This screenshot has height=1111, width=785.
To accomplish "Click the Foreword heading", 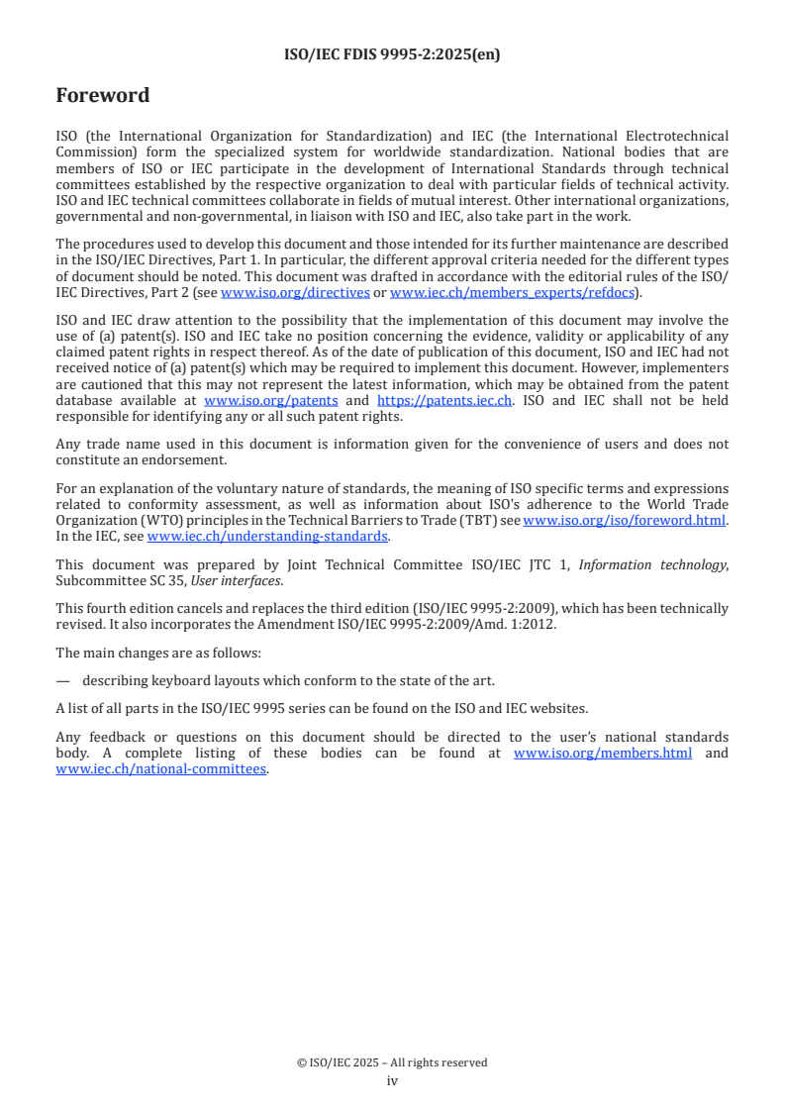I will click(x=103, y=96).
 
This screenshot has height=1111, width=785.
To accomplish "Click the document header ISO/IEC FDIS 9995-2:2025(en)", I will click(x=392, y=54).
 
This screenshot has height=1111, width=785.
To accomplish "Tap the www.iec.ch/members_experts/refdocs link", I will click(x=512, y=293).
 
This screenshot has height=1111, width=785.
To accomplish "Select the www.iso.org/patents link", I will click(x=270, y=401).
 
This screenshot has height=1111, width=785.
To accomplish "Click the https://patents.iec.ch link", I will click(x=444, y=401).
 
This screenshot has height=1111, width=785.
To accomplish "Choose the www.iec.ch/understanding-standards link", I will click(x=267, y=536).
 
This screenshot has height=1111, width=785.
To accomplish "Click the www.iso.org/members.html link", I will click(x=603, y=754).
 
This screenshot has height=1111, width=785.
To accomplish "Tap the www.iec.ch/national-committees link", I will click(x=161, y=769).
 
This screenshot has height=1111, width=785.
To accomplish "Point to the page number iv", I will click(x=392, y=1081).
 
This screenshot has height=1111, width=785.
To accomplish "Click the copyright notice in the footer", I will click(x=392, y=1062).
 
